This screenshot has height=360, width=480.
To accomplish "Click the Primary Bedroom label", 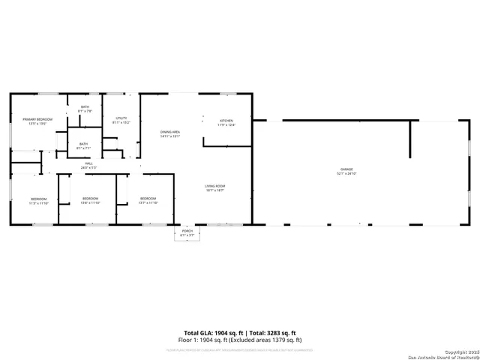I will [37, 119].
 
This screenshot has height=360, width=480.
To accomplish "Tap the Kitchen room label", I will [226, 121].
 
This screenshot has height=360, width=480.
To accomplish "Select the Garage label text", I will [347, 169].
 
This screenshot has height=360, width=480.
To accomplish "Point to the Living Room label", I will [215, 186].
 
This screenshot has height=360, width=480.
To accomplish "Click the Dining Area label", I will [170, 132].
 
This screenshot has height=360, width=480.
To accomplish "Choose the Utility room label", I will [121, 118].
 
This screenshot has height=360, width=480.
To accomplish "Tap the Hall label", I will [88, 163].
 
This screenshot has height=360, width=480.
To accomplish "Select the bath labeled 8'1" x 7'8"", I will [85, 107].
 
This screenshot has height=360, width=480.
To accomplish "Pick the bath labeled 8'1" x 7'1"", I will [82, 144].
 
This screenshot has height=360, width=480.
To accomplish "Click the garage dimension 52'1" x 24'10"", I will [347, 174].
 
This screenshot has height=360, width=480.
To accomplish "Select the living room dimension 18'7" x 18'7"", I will [215, 190].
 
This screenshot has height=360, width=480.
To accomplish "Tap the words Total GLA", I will [199, 332].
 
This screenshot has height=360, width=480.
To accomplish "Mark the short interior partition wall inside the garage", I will [409, 139].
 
